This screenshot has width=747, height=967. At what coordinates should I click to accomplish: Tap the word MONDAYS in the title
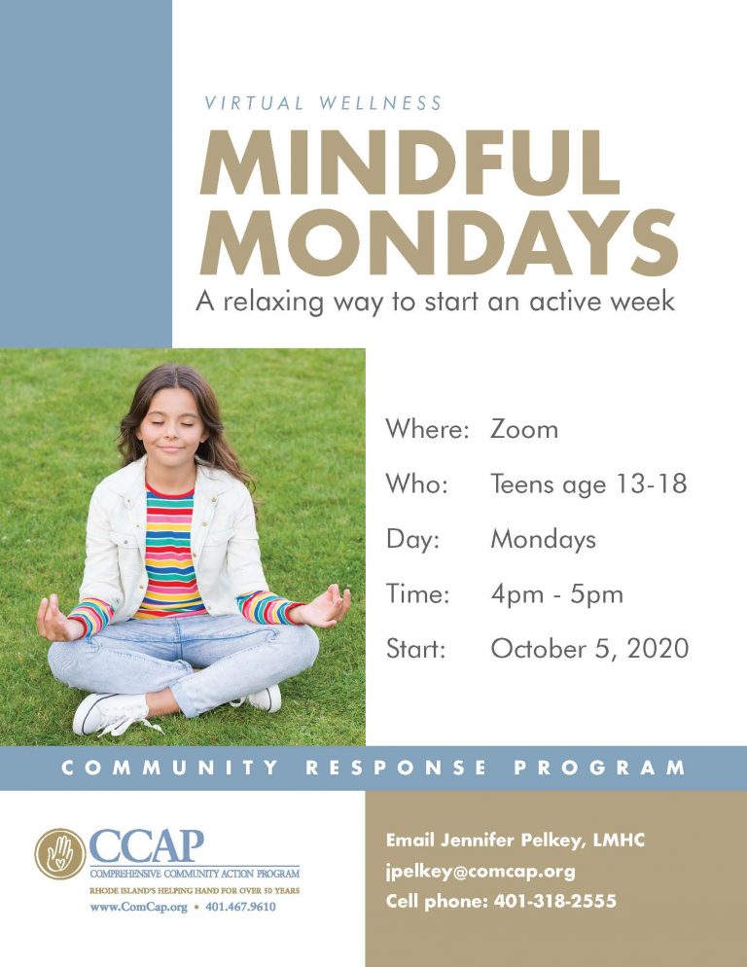438,242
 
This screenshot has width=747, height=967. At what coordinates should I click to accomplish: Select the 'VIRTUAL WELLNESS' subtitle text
323,103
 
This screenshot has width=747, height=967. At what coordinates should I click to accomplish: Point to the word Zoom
524,429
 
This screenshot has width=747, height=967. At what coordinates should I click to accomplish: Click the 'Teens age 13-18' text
588,483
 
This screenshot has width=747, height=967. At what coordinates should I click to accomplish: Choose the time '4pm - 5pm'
556,593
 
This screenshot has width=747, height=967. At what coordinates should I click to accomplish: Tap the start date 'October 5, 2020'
589,649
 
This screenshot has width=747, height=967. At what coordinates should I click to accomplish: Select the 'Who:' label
416,483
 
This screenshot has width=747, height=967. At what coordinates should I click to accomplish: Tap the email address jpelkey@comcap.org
480,871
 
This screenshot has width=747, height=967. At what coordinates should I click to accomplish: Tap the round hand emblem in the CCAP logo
59,853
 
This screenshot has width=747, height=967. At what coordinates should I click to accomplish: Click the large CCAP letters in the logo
146,845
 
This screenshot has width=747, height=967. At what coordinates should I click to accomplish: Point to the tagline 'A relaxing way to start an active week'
435,301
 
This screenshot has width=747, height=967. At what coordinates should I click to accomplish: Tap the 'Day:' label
412,539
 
